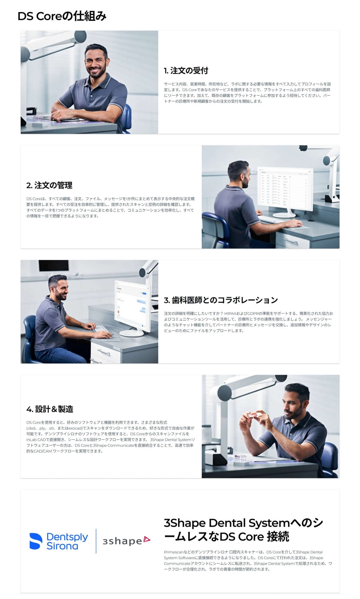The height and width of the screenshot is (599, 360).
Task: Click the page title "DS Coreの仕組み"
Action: [x=62, y=16]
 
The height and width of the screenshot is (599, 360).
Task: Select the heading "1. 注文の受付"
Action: [x=186, y=71]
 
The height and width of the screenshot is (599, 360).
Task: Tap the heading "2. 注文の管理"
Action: [x=49, y=185]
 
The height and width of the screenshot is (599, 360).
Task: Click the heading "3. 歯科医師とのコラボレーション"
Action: [x=220, y=300]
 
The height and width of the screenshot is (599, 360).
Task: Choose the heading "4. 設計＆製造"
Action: [x=50, y=409]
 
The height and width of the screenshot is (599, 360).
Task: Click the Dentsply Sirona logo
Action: [x=59, y=541]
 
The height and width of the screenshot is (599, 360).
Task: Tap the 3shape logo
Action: [x=126, y=541]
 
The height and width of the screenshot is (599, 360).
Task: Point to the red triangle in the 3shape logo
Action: [x=147, y=539]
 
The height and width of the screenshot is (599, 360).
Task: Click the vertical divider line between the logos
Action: [x=96, y=541]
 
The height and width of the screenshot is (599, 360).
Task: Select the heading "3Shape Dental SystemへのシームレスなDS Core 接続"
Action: [x=243, y=530]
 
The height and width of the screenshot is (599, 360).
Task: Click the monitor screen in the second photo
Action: [x=285, y=188]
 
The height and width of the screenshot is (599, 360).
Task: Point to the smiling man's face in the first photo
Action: [x=96, y=62]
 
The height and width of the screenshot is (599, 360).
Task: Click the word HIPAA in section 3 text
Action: [x=230, y=313]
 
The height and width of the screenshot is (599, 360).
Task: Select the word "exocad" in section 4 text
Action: [x=75, y=428]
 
